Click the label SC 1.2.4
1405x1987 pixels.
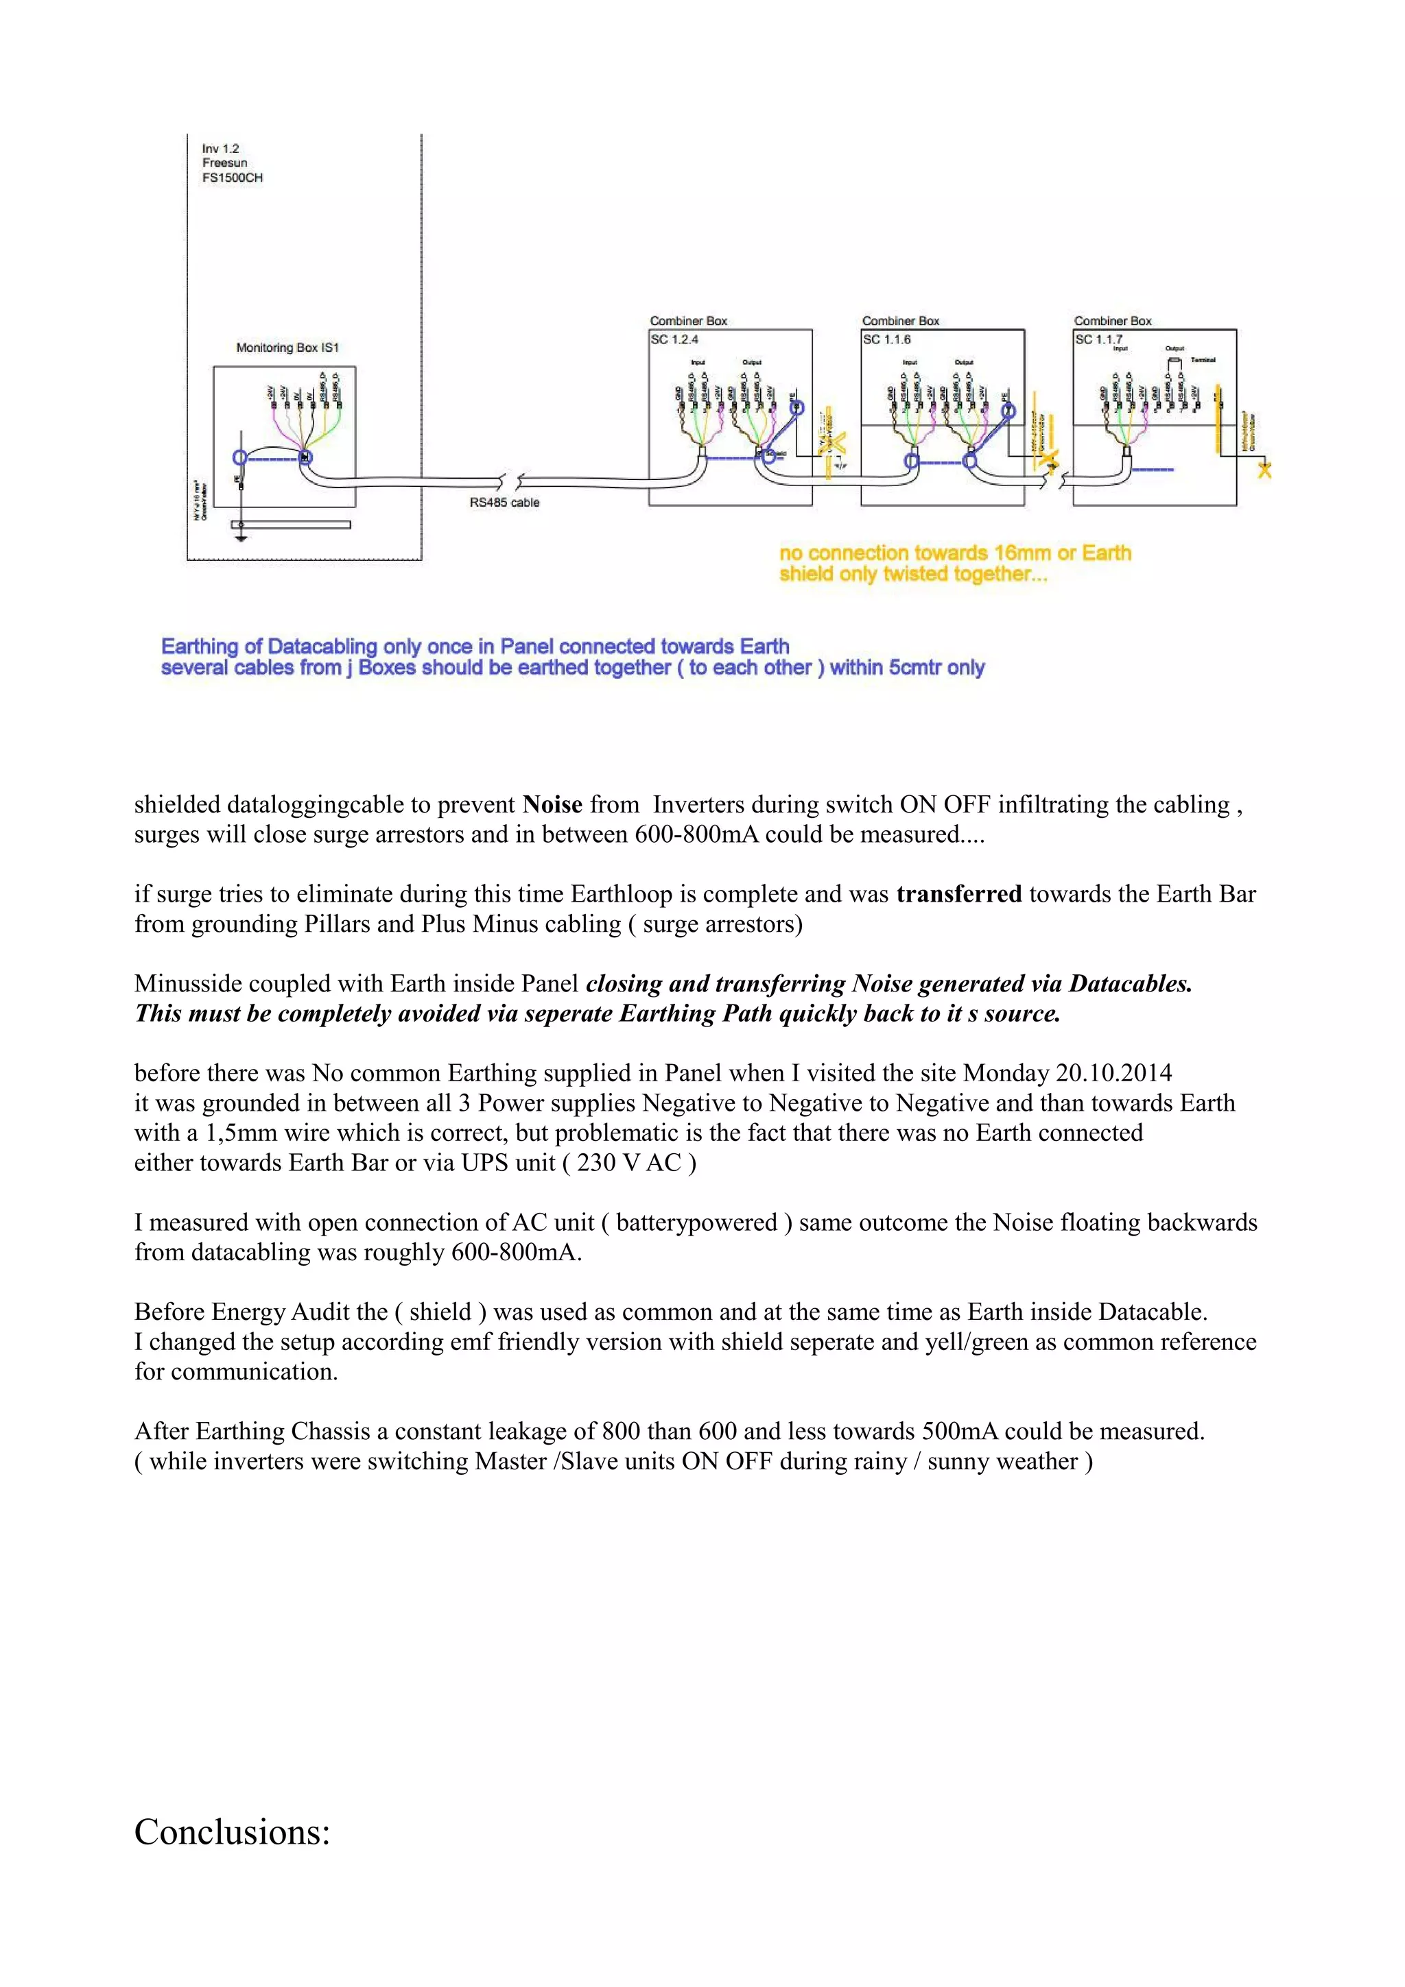tap(674, 339)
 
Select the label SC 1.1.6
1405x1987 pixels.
tap(886, 339)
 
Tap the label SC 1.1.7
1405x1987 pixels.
tap(1098, 339)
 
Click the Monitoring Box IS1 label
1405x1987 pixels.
tap(287, 348)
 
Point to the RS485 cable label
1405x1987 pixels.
tap(505, 502)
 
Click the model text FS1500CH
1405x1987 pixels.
tap(232, 178)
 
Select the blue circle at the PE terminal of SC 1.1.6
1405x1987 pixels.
tap(1008, 410)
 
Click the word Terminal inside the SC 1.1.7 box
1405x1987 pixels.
tap(1203, 360)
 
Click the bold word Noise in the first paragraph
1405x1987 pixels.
tap(552, 805)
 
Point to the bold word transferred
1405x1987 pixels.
tap(958, 894)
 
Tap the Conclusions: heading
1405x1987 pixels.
tap(232, 1832)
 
